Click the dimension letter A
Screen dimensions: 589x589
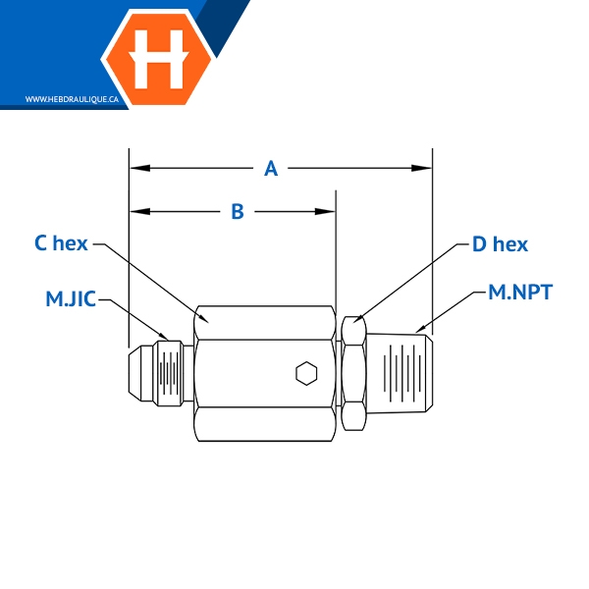point(272,169)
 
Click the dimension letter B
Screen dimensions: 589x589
point(237,211)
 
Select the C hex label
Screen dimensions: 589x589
point(61,243)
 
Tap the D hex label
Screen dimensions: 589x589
point(500,243)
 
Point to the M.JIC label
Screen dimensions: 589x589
point(71,298)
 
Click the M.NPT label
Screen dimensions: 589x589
point(520,292)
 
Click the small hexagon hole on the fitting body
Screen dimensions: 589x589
point(306,372)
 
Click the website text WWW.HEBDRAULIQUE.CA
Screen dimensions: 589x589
point(72,99)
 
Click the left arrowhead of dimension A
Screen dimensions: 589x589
point(138,169)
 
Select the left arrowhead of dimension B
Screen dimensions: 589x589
point(138,211)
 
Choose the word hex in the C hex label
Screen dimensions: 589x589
point(71,243)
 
